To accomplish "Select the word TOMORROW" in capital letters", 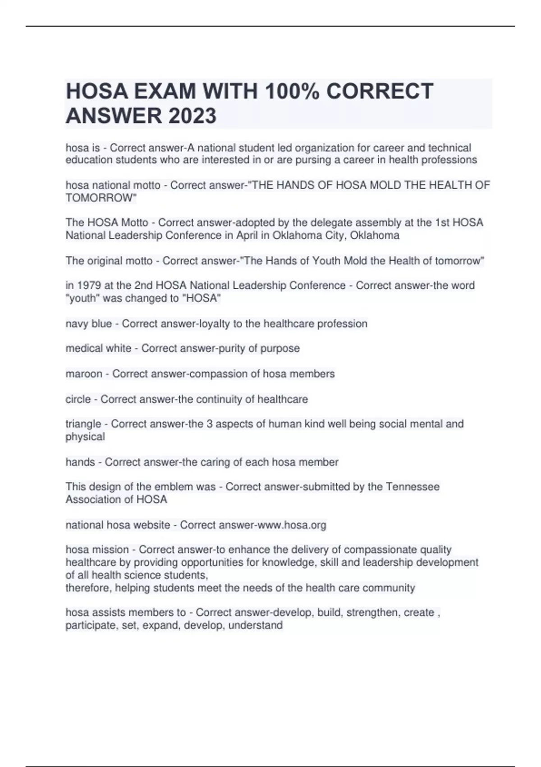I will click(x=101, y=198).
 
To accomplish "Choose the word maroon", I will click(x=84, y=374).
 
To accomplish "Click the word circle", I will click(x=78, y=399).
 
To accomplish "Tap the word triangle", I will click(x=83, y=424).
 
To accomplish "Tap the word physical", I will click(x=85, y=437).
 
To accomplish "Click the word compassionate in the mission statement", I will click(x=381, y=550).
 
